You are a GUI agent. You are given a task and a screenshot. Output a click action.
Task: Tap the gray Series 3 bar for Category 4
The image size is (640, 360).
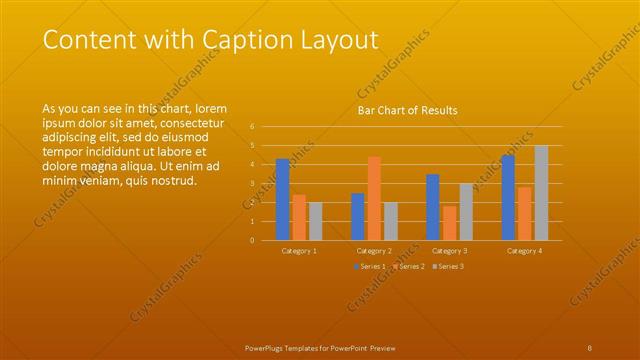(x=541, y=193)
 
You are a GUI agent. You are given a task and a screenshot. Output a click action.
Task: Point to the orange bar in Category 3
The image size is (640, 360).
(x=449, y=223)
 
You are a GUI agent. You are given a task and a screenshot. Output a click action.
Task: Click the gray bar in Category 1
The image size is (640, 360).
(x=315, y=221)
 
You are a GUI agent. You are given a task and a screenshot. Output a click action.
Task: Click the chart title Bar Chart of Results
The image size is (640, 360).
(x=407, y=111)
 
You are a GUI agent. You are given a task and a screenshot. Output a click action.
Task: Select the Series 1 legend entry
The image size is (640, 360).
(x=366, y=267)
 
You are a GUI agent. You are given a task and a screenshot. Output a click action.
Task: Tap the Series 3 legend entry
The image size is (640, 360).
(x=448, y=267)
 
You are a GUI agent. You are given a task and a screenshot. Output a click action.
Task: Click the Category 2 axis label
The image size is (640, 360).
(x=374, y=251)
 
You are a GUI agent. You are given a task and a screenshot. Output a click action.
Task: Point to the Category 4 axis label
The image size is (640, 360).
(x=524, y=251)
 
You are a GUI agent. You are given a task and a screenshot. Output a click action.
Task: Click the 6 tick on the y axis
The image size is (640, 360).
(x=252, y=127)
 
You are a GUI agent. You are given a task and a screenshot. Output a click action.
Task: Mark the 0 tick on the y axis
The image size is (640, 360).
(x=252, y=240)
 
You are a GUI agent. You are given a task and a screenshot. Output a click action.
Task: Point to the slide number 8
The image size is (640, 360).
(x=590, y=347)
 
